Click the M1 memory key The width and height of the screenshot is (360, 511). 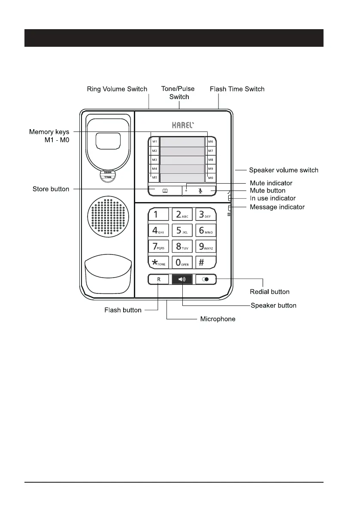[x=154, y=142]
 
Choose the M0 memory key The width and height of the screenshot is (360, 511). [x=211, y=178]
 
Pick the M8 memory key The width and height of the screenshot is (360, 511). [x=211, y=160]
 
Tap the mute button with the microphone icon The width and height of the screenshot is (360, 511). [x=200, y=190]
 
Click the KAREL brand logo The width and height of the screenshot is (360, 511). [x=183, y=126]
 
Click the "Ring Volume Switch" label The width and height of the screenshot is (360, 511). [x=117, y=89]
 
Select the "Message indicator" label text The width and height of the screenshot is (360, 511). [x=277, y=207]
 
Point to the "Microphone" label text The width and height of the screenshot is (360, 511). [x=218, y=319]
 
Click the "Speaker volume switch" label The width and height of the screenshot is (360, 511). [x=284, y=170]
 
